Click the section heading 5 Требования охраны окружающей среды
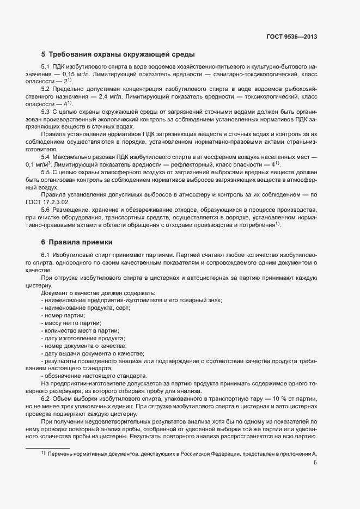click(118, 54)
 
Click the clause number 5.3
click(45, 111)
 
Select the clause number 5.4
click(45, 156)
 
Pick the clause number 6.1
click(45, 255)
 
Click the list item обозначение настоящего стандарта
click(95, 376)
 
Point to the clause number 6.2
click(45, 399)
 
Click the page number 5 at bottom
click(315, 463)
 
